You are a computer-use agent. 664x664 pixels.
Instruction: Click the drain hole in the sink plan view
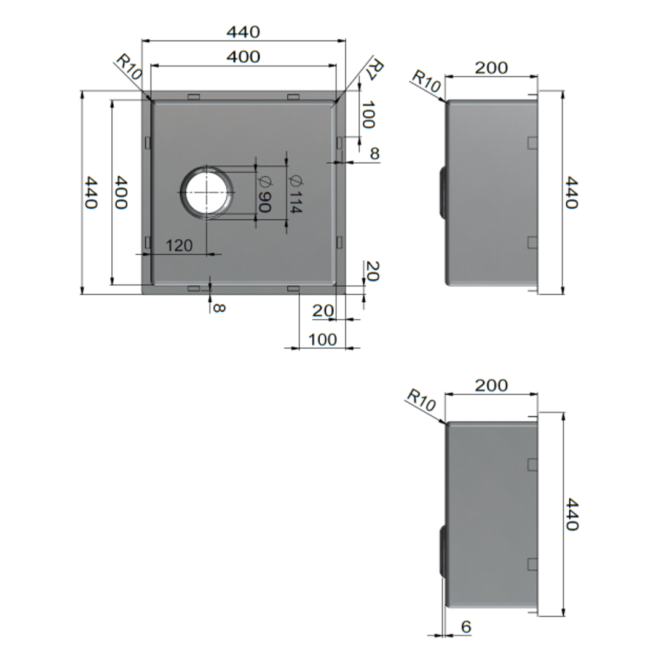[207, 192]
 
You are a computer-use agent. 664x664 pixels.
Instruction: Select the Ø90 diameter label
[264, 194]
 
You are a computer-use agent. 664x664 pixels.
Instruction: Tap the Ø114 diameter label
[294, 194]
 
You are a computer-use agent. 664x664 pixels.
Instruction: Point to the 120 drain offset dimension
[179, 246]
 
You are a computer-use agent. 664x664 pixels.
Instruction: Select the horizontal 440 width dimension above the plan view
[243, 31]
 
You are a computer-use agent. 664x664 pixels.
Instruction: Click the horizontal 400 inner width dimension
[243, 57]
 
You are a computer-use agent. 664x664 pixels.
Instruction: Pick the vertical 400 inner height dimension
[121, 192]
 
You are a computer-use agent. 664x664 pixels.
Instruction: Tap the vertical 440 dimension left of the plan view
[91, 192]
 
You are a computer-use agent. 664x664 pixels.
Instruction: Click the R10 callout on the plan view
[130, 67]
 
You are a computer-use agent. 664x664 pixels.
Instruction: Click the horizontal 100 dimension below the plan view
[322, 339]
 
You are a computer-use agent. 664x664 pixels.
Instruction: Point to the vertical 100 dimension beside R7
[368, 115]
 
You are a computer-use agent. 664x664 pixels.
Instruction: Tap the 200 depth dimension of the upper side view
[491, 68]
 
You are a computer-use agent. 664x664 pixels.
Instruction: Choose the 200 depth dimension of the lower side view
[491, 385]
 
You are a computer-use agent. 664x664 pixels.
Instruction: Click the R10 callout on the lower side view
[421, 400]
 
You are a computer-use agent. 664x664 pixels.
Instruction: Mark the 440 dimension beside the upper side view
[572, 192]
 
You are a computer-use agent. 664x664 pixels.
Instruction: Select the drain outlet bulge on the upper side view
[441, 192]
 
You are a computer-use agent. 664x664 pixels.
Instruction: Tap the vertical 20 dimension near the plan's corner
[373, 271]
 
